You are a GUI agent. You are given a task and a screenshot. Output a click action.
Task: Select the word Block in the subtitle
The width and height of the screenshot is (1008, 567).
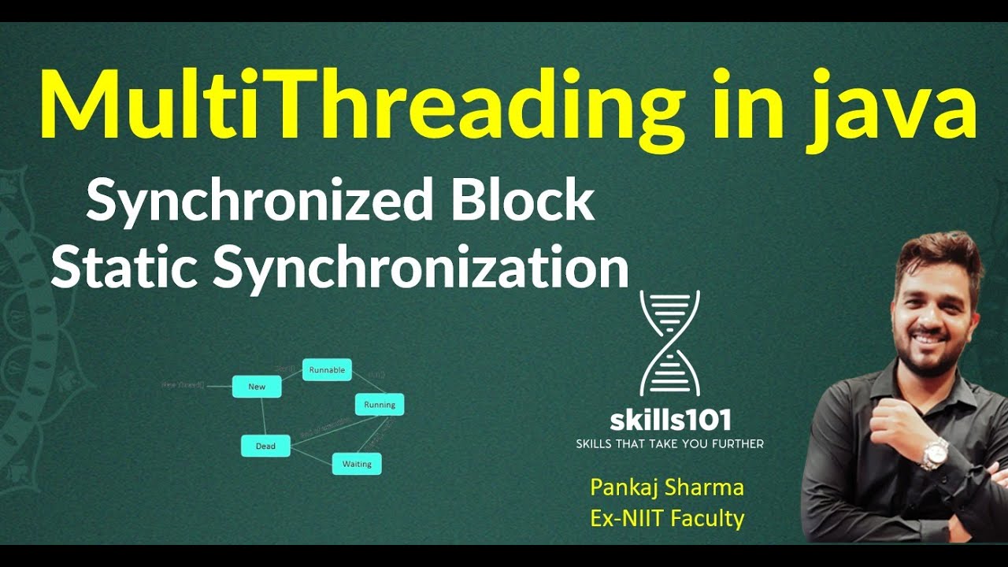pyautogui.click(x=523, y=201)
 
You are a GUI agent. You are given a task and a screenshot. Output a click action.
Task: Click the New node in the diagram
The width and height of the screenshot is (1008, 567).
pyautogui.click(x=257, y=387)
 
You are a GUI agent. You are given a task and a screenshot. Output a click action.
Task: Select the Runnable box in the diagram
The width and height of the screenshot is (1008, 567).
pyautogui.click(x=327, y=370)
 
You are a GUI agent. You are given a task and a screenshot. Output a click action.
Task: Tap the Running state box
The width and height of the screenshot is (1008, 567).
pyautogui.click(x=380, y=405)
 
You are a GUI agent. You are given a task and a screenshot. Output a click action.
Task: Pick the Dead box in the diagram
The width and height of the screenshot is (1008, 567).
pyautogui.click(x=265, y=446)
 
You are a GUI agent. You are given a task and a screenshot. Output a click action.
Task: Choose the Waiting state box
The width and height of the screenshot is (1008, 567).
pyautogui.click(x=357, y=464)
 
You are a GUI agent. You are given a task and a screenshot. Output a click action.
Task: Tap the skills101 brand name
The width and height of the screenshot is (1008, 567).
pyautogui.click(x=669, y=419)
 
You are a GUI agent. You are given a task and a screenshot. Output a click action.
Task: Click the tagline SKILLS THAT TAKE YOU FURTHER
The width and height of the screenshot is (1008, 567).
pyautogui.click(x=669, y=444)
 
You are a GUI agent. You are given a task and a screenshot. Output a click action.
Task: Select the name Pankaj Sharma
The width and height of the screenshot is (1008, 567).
pyautogui.click(x=667, y=487)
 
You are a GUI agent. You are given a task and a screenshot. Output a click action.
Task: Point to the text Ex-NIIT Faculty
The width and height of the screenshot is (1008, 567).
pyautogui.click(x=667, y=517)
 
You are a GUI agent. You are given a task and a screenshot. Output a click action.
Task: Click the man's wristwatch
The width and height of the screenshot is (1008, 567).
pyautogui.click(x=935, y=452)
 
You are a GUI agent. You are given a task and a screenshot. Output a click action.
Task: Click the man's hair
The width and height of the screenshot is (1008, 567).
pyautogui.click(x=937, y=256)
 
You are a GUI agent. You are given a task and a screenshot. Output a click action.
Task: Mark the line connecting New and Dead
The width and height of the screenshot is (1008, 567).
pyautogui.click(x=261, y=416)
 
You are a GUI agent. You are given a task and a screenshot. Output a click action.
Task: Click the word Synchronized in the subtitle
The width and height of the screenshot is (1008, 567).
pyautogui.click(x=260, y=201)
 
